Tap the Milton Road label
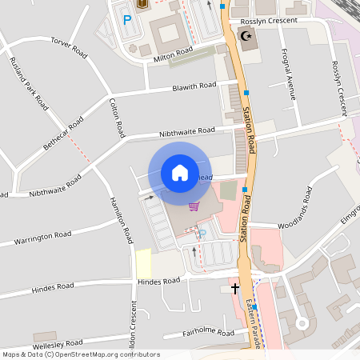point(174,51)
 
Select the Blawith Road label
point(194,86)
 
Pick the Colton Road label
point(116,116)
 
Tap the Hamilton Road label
point(122,220)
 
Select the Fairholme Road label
point(208,332)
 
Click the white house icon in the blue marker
point(179,172)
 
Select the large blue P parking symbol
point(126,20)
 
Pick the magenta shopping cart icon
point(193,206)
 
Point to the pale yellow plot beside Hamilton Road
point(143,262)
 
